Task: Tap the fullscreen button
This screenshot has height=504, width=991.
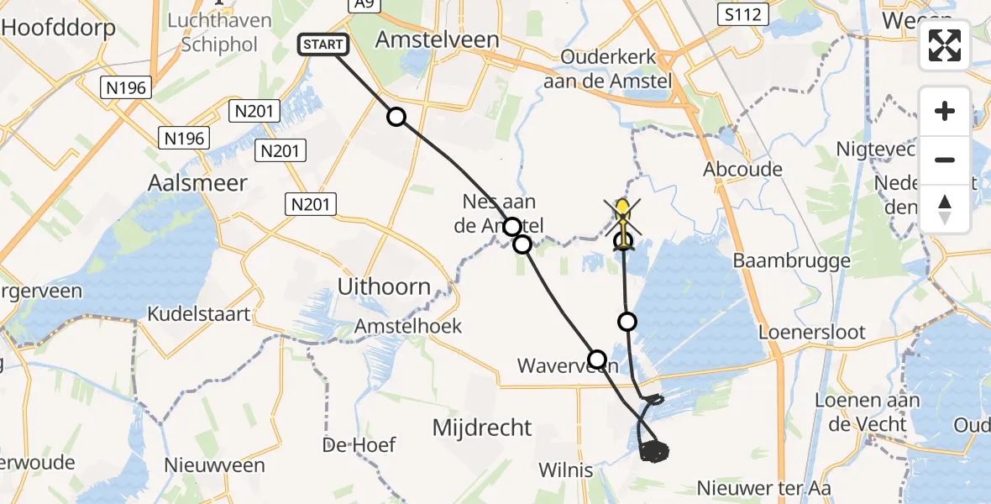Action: pyautogui.click(x=945, y=45)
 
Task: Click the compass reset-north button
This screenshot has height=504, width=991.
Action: pyautogui.click(x=945, y=209)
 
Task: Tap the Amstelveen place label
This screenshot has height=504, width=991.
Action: pyautogui.click(x=437, y=39)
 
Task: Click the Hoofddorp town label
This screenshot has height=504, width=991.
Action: pyautogui.click(x=58, y=27)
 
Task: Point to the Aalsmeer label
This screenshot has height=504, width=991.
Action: pyautogui.click(x=197, y=182)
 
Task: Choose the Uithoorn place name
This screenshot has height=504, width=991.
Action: pyautogui.click(x=384, y=286)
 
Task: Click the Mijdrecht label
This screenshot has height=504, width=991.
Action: pyautogui.click(x=482, y=428)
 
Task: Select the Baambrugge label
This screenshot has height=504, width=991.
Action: pyautogui.click(x=791, y=260)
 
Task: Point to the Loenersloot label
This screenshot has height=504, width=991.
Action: pyautogui.click(x=811, y=332)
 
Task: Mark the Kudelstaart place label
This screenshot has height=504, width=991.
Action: pyautogui.click(x=198, y=314)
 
